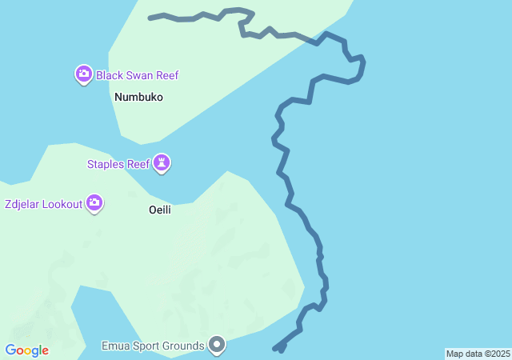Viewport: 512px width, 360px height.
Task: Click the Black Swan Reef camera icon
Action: pyautogui.click(x=84, y=75)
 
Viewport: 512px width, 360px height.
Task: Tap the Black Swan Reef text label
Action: pyautogui.click(x=137, y=76)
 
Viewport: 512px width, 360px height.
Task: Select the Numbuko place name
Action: pyautogui.click(x=138, y=98)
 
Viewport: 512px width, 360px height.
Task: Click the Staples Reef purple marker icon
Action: pyautogui.click(x=162, y=164)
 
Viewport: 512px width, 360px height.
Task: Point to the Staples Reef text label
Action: pyautogui.click(x=118, y=165)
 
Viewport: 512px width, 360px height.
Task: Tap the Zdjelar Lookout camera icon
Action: pyautogui.click(x=95, y=203)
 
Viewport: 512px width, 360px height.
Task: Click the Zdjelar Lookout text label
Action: pyautogui.click(x=43, y=204)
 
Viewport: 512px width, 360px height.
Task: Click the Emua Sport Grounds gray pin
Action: pyautogui.click(x=217, y=345)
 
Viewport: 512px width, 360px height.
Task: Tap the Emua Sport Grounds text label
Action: pyautogui.click(x=152, y=346)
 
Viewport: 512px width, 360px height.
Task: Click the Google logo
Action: pyautogui.click(x=27, y=350)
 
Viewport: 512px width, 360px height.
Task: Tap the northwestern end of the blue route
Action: pyautogui.click(x=150, y=18)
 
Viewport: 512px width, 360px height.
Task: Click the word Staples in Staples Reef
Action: pyautogui.click(x=106, y=165)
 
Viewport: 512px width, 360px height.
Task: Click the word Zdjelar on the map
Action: pyautogui.click(x=22, y=204)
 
